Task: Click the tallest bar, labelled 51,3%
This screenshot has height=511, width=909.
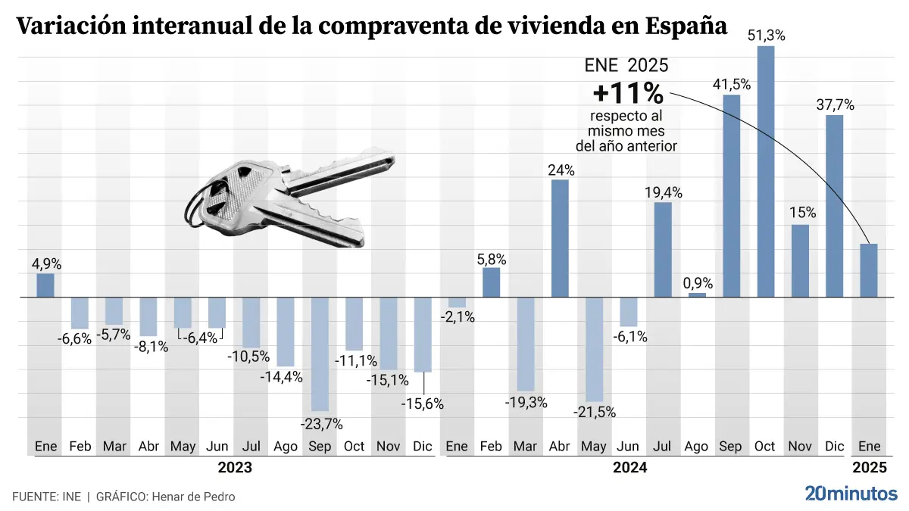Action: [766, 171]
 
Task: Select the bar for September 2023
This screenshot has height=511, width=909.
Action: [320, 354]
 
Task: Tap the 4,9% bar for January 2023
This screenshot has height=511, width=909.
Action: [45, 285]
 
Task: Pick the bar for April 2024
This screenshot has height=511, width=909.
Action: [560, 238]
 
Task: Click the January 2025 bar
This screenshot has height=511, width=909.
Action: [869, 270]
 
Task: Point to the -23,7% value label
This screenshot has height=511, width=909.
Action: [322, 423]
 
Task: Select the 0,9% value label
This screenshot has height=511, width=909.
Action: [698, 283]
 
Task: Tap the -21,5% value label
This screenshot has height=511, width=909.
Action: [595, 413]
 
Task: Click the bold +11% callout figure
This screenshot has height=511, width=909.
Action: [628, 94]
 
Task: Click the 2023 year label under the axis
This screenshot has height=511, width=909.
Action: [235, 467]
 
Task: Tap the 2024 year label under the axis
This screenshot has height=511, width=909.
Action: [629, 467]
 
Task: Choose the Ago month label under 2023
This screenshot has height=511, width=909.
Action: [286, 447]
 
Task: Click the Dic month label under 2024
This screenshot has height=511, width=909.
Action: [834, 447]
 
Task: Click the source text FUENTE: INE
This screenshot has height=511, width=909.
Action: [47, 497]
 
